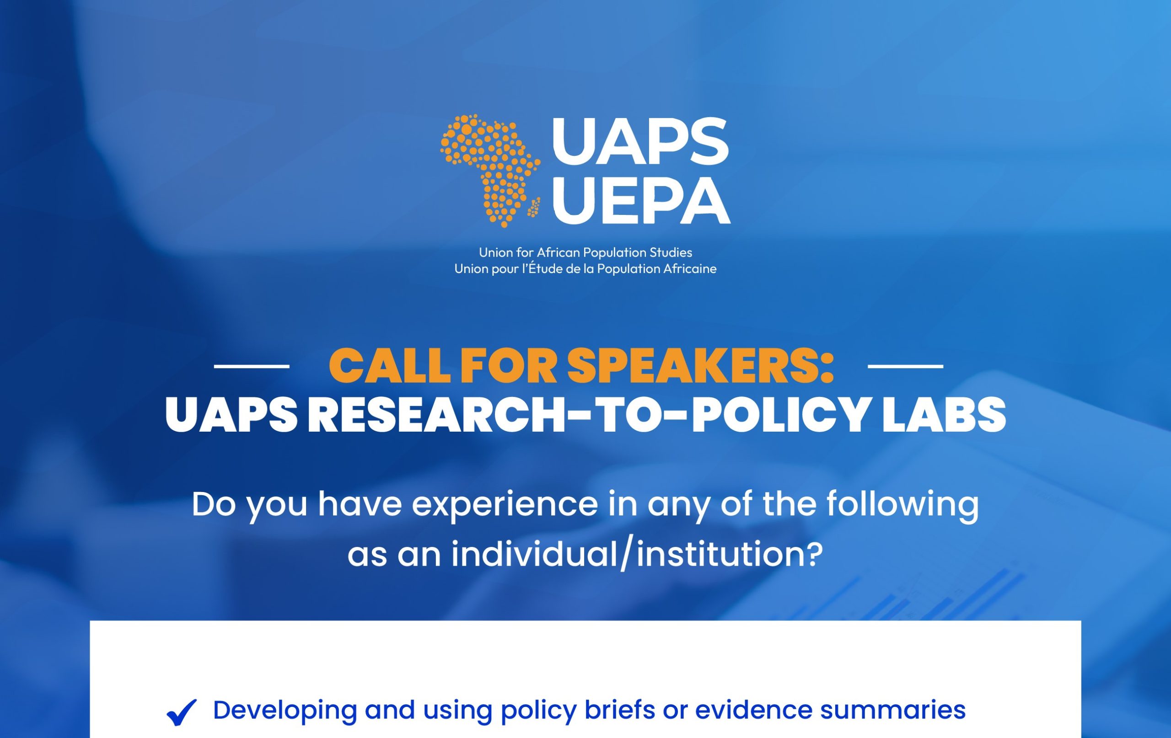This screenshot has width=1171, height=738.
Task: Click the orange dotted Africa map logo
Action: [x=490, y=171]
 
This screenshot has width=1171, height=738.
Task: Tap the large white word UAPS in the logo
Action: [x=640, y=141]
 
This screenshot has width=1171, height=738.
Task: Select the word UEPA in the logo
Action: [x=641, y=200]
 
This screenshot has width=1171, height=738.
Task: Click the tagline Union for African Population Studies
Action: [x=585, y=252]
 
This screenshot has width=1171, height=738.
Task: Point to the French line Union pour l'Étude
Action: [x=585, y=269]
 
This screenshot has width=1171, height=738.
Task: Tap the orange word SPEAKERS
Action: [x=701, y=366]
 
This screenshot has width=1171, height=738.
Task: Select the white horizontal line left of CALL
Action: [x=252, y=366]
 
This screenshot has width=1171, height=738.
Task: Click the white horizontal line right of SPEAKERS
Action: [x=906, y=366]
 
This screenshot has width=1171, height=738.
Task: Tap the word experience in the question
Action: [x=505, y=505]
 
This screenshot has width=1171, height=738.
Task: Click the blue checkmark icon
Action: [x=182, y=712]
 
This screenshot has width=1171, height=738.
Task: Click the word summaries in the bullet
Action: [x=893, y=710]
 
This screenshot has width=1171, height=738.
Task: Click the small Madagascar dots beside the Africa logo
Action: [x=534, y=208]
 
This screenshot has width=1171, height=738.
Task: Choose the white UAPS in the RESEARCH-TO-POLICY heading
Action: [x=231, y=414]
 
